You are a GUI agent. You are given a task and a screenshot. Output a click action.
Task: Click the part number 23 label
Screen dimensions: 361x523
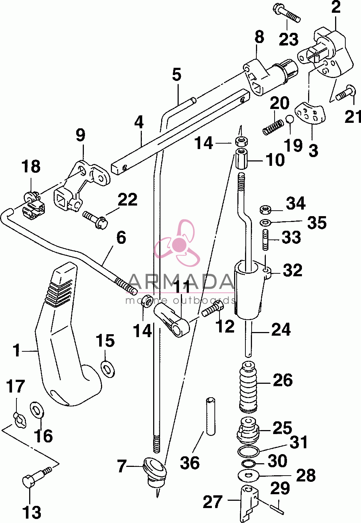(x=289, y=39)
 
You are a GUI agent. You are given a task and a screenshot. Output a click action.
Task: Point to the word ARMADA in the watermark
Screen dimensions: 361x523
(x=180, y=282)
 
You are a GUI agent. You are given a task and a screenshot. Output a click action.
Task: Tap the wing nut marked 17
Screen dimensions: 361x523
(x=20, y=420)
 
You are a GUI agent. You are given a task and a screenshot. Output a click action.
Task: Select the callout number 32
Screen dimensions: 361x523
(x=292, y=270)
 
